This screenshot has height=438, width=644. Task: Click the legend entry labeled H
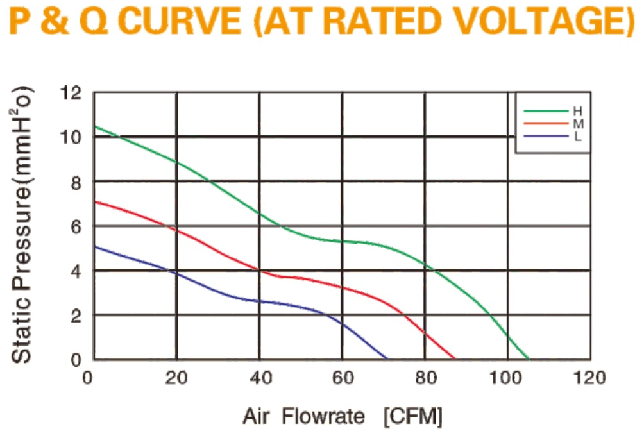(x=553, y=111)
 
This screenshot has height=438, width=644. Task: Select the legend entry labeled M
(x=553, y=124)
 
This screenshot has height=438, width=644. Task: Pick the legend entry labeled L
(x=553, y=137)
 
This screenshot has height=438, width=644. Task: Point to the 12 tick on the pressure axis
(x=71, y=93)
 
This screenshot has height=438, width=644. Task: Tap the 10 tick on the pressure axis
(x=71, y=137)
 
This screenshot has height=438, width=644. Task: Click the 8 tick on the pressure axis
(x=76, y=182)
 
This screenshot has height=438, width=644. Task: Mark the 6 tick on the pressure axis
(x=76, y=226)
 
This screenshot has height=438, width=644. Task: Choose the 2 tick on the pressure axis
(x=76, y=316)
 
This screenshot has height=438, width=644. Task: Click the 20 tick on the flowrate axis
(x=176, y=378)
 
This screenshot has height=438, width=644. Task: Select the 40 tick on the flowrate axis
(x=261, y=378)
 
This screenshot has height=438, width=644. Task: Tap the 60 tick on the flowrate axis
(x=343, y=378)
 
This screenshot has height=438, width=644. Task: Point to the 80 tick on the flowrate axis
(x=426, y=378)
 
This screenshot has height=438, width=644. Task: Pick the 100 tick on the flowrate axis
(x=505, y=378)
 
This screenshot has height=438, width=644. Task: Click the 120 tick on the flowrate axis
(x=589, y=378)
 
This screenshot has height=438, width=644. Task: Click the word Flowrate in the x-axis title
(x=323, y=416)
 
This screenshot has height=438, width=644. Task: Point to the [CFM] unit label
(x=413, y=417)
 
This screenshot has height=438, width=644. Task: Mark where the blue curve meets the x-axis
(x=387, y=359)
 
